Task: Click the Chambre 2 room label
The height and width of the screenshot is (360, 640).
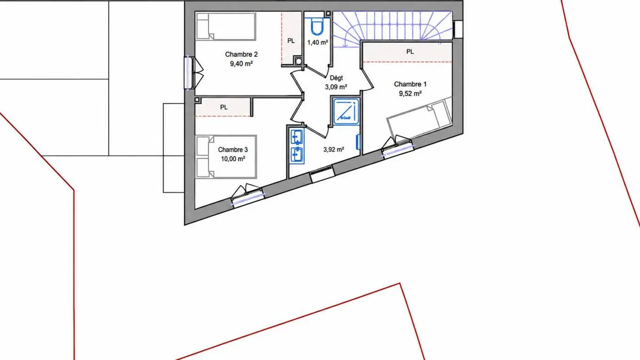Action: click(x=242, y=54)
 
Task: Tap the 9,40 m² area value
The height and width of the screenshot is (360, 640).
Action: click(x=242, y=63)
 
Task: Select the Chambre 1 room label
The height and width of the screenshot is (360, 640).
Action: click(x=410, y=84)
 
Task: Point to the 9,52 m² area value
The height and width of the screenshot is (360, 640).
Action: click(x=410, y=93)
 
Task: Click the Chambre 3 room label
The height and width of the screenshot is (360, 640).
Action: click(x=233, y=150)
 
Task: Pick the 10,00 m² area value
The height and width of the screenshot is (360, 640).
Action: click(x=233, y=159)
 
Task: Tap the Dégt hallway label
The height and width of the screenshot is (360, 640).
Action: click(x=337, y=78)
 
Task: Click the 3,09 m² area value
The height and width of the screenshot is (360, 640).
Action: click(x=336, y=87)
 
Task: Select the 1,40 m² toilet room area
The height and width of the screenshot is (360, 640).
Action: click(x=318, y=43)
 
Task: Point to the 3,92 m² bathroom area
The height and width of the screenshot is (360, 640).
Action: click(x=334, y=149)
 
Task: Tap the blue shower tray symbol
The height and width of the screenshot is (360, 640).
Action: click(x=346, y=111)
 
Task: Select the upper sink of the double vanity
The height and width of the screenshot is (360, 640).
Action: click(x=297, y=137)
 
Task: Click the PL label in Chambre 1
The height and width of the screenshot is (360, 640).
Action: click(x=410, y=52)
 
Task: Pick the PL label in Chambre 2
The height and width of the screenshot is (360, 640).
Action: click(x=291, y=41)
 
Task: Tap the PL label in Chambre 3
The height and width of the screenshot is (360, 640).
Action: click(x=223, y=107)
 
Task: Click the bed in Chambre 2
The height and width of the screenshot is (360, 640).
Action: click(x=226, y=26)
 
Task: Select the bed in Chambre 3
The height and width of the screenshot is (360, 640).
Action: click(x=226, y=157)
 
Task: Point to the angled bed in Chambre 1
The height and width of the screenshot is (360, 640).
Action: click(x=419, y=117)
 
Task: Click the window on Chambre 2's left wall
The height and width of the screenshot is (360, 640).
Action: click(x=188, y=73)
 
